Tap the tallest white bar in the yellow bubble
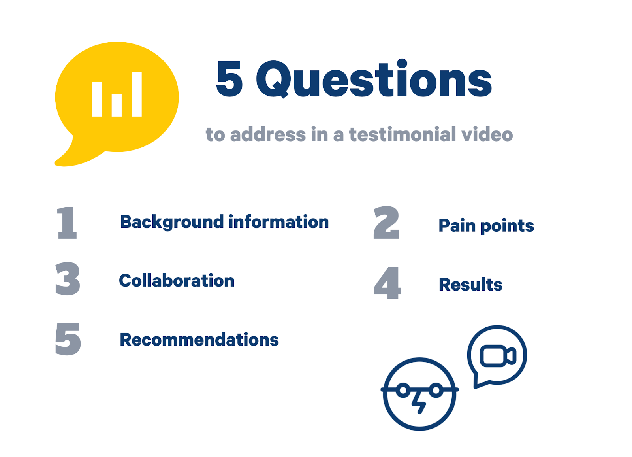tap(137, 94)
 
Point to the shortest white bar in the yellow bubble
tap(117, 105)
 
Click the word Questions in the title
tap(374, 79)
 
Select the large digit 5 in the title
tap(229, 79)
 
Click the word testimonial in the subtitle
tap(403, 134)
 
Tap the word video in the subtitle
tap(487, 134)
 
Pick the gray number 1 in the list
tap(67, 223)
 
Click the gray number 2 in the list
tap(386, 223)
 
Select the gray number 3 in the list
tap(68, 279)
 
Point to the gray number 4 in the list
tap(387, 283)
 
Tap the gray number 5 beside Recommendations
tap(68, 339)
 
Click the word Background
tap(172, 222)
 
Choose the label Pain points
tap(486, 226)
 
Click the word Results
tap(470, 284)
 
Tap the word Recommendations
tap(199, 339)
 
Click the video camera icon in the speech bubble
tap(498, 356)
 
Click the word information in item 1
tap(279, 222)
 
